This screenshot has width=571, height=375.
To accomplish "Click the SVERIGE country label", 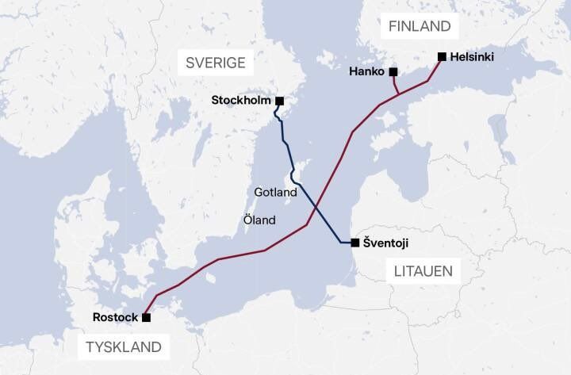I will [x=216, y=63].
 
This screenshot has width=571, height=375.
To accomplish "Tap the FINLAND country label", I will [x=420, y=26].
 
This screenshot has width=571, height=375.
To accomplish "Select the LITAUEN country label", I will [x=423, y=271].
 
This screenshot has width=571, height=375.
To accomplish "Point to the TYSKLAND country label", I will [x=124, y=346].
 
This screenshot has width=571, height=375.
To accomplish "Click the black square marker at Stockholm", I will [x=279, y=101].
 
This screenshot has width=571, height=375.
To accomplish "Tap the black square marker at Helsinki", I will [x=441, y=57].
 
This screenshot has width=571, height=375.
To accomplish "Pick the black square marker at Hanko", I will [x=393, y=72].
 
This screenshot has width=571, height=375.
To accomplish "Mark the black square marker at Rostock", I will [x=146, y=317].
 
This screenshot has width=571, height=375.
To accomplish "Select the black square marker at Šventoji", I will [x=354, y=243].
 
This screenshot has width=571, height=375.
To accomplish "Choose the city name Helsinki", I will [x=473, y=57].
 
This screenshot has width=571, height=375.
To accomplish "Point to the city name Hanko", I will [x=366, y=72].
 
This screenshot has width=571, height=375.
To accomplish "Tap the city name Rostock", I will [x=116, y=317].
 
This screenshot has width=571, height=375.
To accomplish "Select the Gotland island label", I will [x=275, y=192].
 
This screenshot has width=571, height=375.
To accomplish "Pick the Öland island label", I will [x=260, y=220].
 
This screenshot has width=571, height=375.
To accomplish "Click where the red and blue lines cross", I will [x=315, y=208].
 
